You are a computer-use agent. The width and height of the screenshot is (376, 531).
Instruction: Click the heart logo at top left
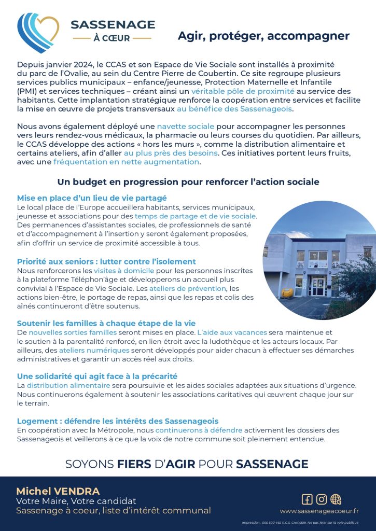coord(38,32)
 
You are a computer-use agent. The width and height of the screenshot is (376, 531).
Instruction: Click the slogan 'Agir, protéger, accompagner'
coord(263,36)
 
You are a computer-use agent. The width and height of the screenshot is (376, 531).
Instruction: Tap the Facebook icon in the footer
coord(307,499)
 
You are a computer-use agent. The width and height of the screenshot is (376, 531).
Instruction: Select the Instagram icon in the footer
coord(322,499)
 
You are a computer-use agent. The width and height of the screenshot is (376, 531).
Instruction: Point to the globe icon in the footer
coord(336,499)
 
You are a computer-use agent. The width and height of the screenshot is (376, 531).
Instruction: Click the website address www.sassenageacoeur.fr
coord(319,511)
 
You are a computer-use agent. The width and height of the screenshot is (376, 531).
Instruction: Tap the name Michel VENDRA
coord(58,491)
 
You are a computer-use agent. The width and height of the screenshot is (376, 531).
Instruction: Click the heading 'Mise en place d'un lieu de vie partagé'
coord(92,198)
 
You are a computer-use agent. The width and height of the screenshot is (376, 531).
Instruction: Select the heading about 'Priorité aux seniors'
coord(106,261)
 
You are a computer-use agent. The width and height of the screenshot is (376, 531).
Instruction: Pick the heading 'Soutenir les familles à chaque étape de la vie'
coord(106,323)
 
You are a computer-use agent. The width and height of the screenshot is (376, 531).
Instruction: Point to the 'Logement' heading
coord(118,421)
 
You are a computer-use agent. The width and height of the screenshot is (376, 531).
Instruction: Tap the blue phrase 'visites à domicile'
coord(123,271)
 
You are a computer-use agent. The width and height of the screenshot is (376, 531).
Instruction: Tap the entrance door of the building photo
coord(318,287)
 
